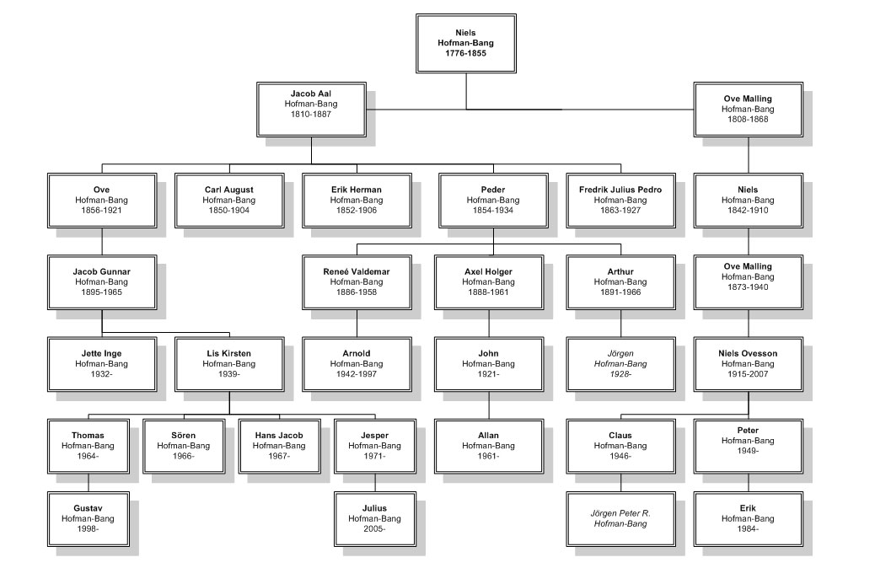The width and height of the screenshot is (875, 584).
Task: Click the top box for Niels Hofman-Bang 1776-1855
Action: (x=466, y=44)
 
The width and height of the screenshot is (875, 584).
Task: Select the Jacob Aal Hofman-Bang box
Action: (x=311, y=110)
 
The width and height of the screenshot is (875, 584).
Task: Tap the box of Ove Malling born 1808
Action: (x=749, y=110)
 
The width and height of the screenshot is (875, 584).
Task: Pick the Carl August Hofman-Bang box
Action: (x=229, y=201)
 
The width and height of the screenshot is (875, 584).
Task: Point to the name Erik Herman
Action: (x=357, y=190)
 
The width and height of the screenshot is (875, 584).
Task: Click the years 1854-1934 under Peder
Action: (x=493, y=211)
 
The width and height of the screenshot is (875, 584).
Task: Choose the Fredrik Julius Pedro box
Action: (x=621, y=201)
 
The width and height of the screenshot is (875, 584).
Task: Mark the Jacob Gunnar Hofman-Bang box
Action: (x=102, y=282)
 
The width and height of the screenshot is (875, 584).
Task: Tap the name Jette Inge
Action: (x=101, y=354)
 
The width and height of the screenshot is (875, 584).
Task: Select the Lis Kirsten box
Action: (x=229, y=364)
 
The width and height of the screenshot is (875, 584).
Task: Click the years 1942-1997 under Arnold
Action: (x=357, y=373)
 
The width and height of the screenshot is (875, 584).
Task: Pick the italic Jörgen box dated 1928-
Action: (x=621, y=364)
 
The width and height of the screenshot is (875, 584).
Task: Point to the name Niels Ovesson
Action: (x=749, y=354)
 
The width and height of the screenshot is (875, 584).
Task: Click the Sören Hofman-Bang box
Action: (x=184, y=447)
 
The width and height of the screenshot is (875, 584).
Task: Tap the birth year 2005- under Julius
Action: (x=374, y=528)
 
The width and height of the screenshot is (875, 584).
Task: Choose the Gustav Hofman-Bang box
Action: (x=89, y=519)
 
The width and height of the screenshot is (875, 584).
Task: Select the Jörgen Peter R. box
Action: (x=621, y=519)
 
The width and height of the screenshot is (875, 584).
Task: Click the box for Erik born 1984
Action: (x=749, y=519)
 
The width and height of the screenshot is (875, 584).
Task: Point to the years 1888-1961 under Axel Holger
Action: (x=489, y=292)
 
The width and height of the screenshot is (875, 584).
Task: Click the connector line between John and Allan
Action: (x=490, y=405)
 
